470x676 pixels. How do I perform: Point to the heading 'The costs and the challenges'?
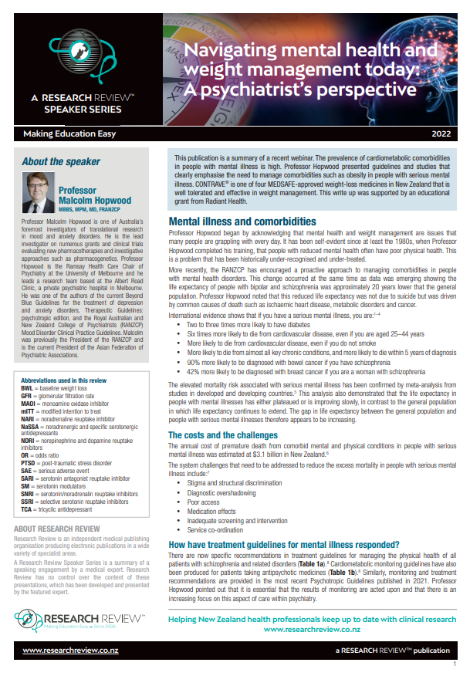(224, 434)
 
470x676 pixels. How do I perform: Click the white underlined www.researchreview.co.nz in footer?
(69, 651)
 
